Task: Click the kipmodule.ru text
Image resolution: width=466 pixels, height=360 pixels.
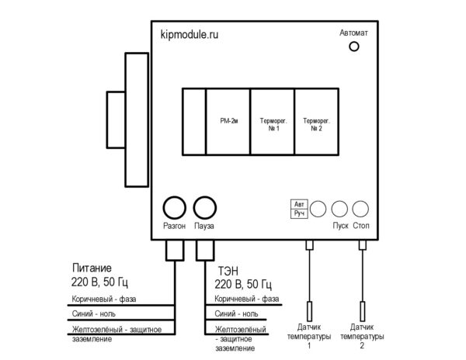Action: coord(190,35)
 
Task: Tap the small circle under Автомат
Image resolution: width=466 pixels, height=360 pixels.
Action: coord(354,47)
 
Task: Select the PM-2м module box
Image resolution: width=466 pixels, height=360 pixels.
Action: coord(228,121)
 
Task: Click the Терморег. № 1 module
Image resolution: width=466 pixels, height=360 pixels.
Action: coord(273,121)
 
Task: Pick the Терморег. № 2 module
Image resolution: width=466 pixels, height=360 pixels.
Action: coord(317,121)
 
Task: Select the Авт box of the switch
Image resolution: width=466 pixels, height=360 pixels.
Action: coord(299,204)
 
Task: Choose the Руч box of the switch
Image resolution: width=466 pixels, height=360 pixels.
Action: coord(299,213)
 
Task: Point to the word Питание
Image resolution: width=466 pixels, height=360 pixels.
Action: coord(92,268)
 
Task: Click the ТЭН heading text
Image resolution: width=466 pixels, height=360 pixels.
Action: coord(228,272)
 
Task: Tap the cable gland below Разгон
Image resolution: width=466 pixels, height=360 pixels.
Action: coord(175,250)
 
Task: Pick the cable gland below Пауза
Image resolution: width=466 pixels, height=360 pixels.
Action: coord(205,250)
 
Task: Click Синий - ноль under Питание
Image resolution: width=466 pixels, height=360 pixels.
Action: coord(94,313)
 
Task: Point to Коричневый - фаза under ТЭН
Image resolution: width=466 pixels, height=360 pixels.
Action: coord(247,299)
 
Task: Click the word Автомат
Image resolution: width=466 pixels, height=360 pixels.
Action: coord(353,33)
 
